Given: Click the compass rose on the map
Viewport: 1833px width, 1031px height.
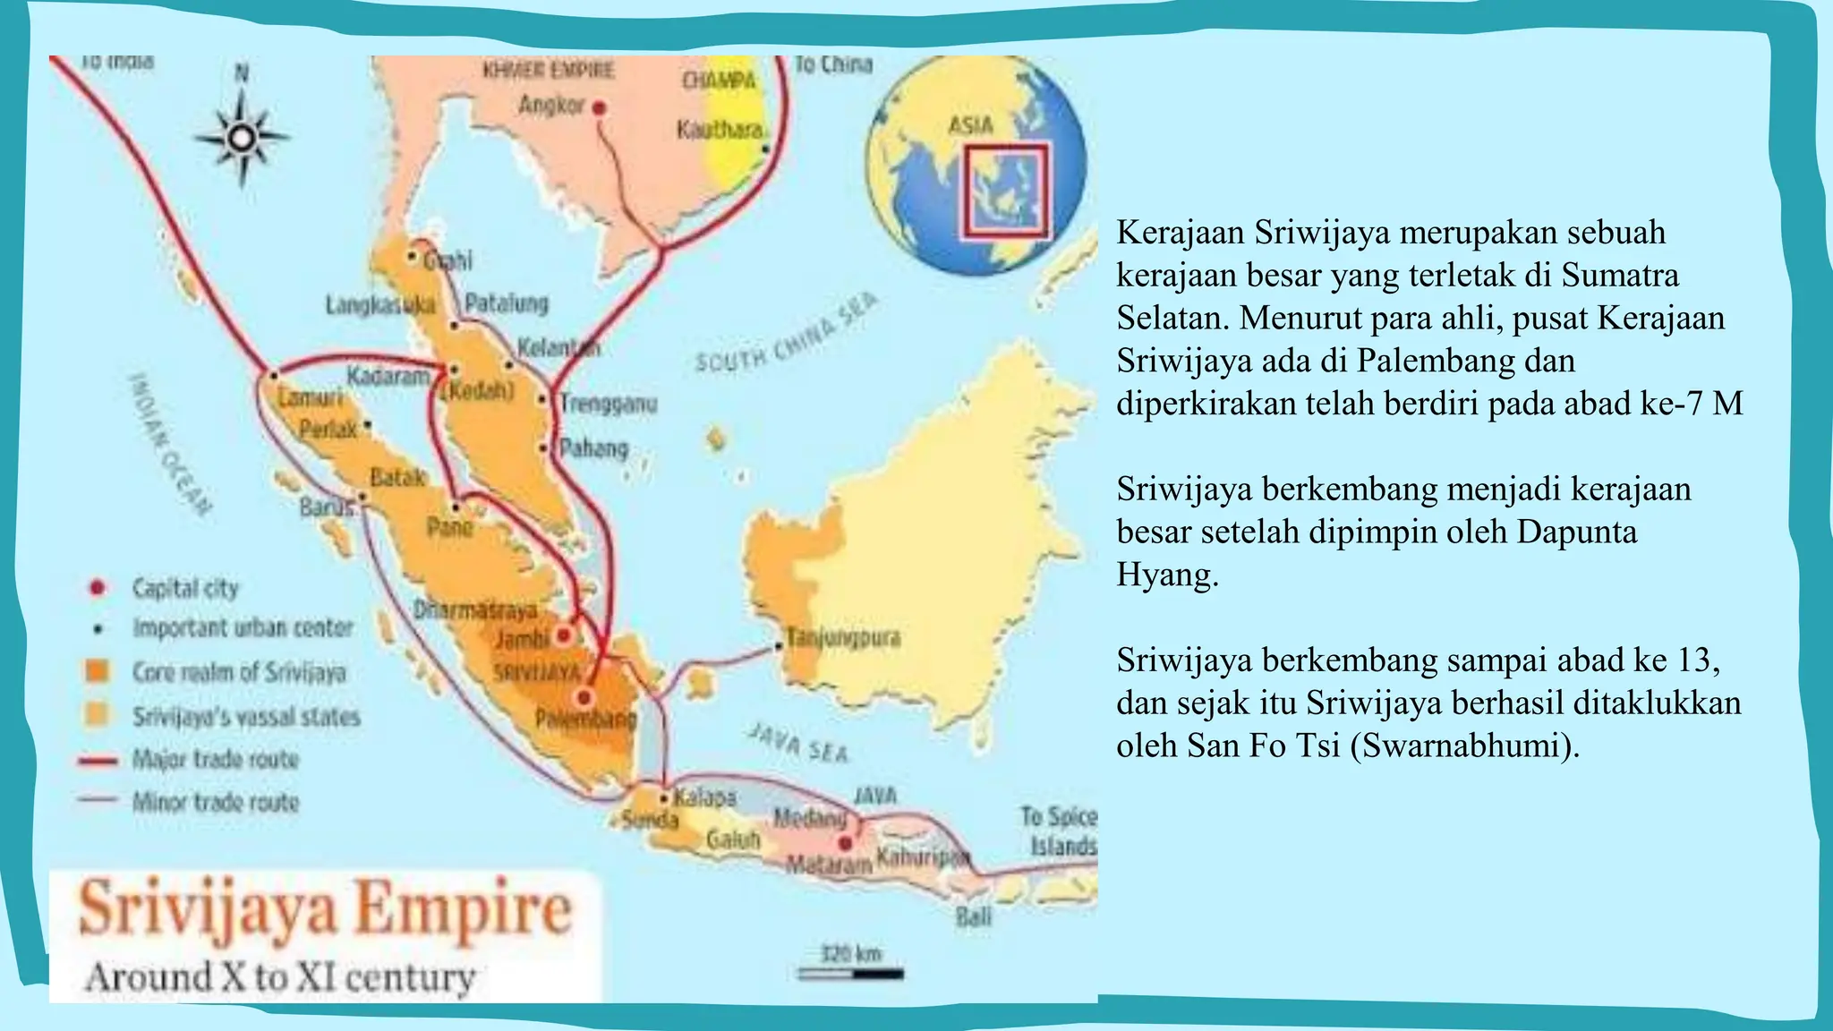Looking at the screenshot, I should [x=242, y=137].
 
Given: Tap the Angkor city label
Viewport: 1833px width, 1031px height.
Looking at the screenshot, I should [x=550, y=106].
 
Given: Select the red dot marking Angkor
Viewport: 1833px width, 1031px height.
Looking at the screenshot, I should [x=600, y=108].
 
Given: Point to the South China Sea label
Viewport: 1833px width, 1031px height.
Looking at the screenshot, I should [x=786, y=333].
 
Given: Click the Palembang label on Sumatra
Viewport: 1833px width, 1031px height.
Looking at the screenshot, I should [x=585, y=719].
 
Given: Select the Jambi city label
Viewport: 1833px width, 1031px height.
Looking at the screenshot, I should [x=522, y=639].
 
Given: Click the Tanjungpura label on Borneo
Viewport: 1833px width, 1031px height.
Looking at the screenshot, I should [x=843, y=638].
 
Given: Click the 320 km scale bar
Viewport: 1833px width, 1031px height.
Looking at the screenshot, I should [x=850, y=972].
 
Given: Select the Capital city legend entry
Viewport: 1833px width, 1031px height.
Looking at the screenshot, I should [x=185, y=588].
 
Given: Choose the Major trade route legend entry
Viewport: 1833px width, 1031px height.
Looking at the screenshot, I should [x=215, y=760].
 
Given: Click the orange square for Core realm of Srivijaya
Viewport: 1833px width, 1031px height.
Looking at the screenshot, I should [x=97, y=671].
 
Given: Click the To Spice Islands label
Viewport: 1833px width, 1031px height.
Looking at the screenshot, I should [x=1059, y=831].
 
